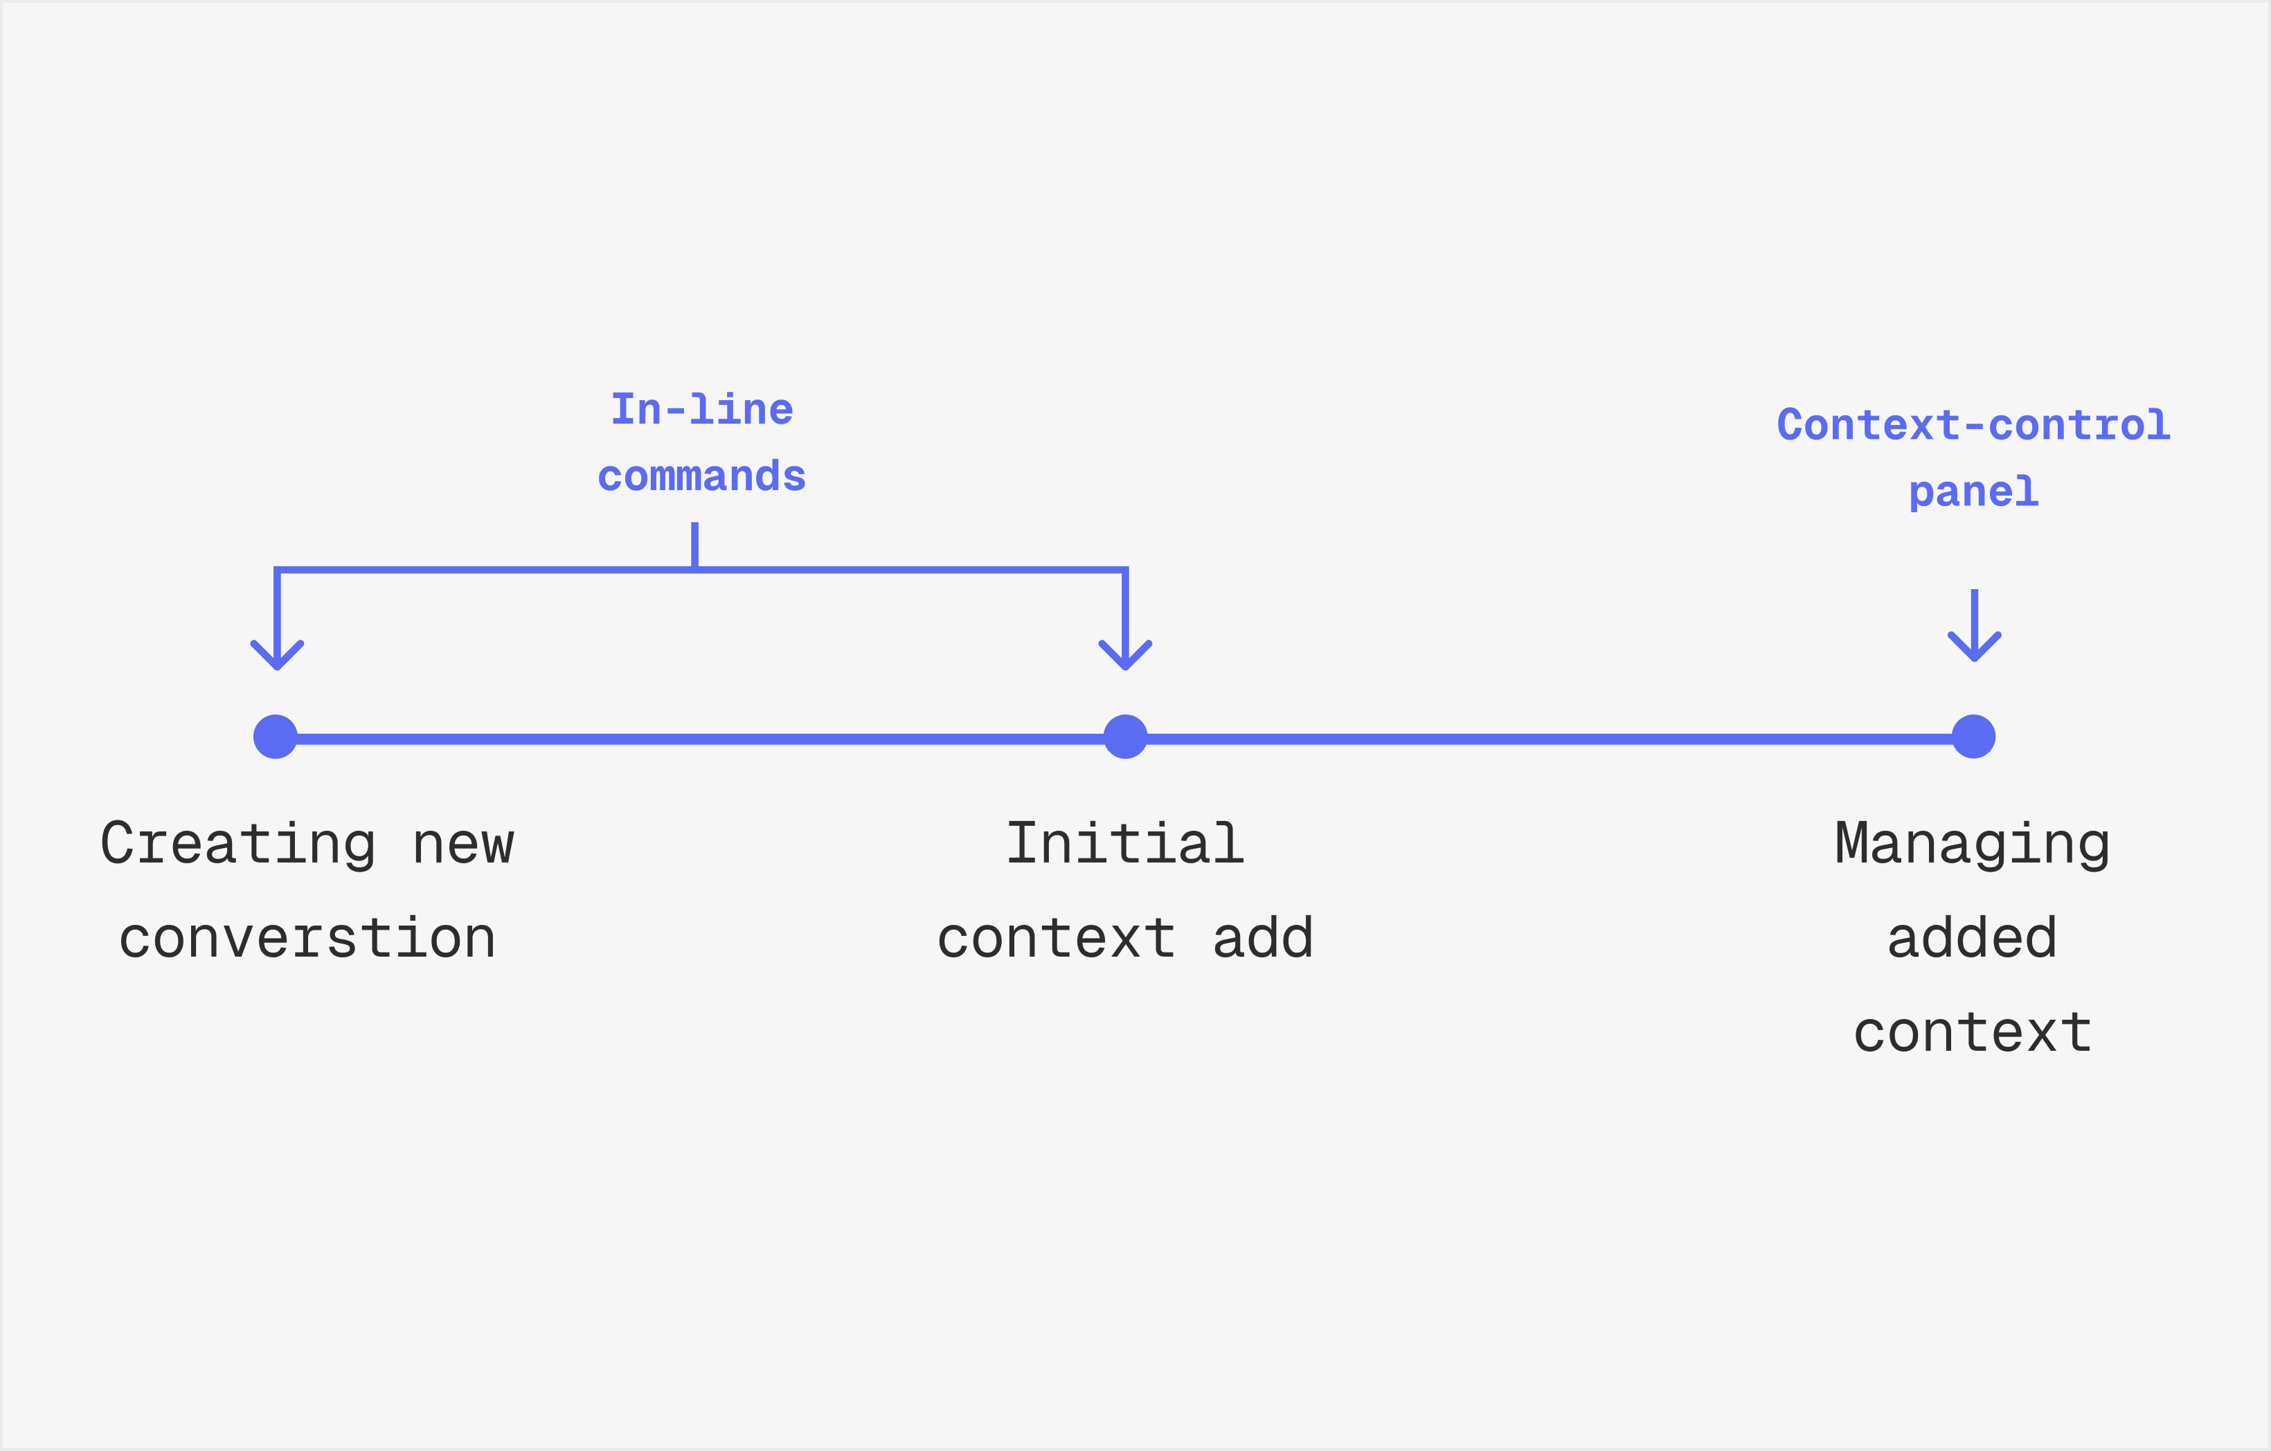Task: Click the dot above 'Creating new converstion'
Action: [x=276, y=737]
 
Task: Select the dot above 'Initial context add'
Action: [x=1125, y=737]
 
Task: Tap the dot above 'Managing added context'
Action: [x=1974, y=737]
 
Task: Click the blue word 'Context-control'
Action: [x=1974, y=425]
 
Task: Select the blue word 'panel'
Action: [x=1974, y=492]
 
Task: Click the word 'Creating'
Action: [x=237, y=843]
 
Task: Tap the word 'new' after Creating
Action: [x=463, y=843]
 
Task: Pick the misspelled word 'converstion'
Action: [x=307, y=938]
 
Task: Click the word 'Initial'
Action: [x=1125, y=843]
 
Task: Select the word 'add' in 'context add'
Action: [x=1263, y=938]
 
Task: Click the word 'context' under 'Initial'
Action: [x=1057, y=938]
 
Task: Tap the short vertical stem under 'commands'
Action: [x=695, y=545]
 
